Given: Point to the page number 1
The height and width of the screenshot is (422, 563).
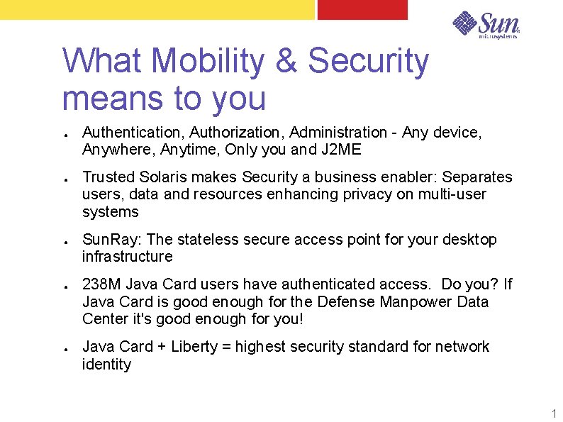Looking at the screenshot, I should (554, 413).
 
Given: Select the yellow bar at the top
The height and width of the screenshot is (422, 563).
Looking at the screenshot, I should (156, 9).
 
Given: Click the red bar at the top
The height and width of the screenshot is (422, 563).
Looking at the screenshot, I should (362, 9).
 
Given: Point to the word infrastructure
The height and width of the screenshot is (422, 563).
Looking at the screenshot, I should (127, 257).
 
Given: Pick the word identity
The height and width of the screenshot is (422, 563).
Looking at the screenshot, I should (106, 365).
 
